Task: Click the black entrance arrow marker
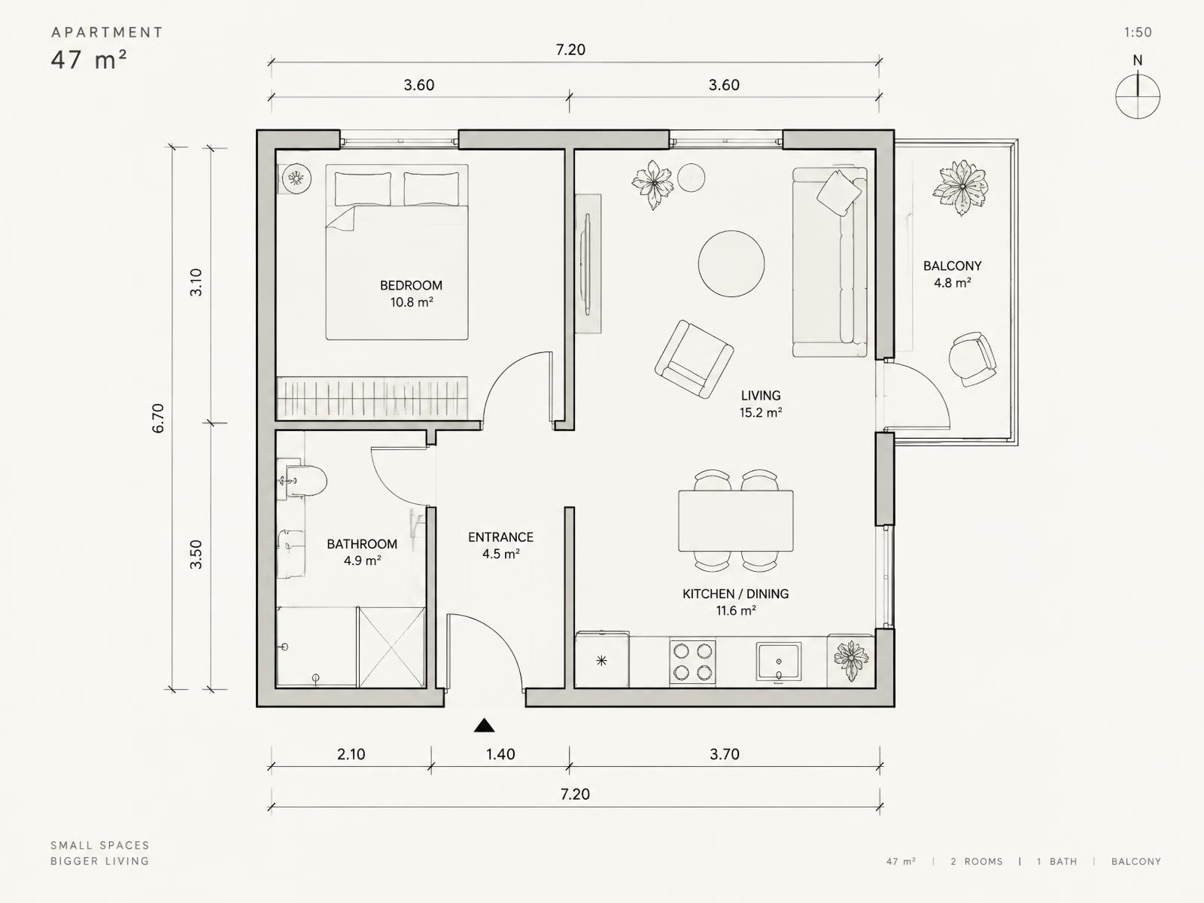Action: [484, 725]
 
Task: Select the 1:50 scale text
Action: [1138, 32]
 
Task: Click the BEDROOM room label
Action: [411, 285]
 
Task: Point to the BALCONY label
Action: [952, 266]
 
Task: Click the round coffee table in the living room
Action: [731, 263]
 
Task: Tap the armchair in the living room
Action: [694, 359]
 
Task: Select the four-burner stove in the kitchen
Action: [692, 661]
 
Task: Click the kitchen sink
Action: [778, 661]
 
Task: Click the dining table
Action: [735, 521]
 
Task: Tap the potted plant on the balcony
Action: [961, 187]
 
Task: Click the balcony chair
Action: [972, 359]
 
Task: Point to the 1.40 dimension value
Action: [500, 755]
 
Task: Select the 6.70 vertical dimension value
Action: [158, 418]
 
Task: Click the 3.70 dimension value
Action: [724, 755]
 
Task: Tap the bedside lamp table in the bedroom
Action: [296, 178]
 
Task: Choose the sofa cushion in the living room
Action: [839, 193]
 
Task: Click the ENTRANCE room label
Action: [500, 537]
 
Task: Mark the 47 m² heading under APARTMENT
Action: [89, 59]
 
